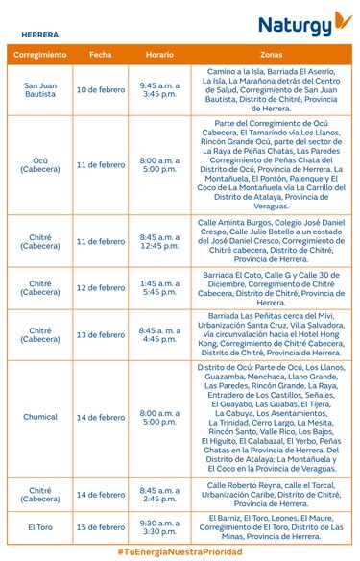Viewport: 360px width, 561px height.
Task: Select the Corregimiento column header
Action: click(x=39, y=55)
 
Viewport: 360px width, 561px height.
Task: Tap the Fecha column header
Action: click(x=100, y=55)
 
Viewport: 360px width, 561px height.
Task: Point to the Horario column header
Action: click(x=159, y=55)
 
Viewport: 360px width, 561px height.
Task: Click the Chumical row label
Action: click(x=39, y=418)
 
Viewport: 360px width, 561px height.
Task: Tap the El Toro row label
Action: click(x=39, y=527)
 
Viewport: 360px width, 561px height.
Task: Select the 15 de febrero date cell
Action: click(x=100, y=527)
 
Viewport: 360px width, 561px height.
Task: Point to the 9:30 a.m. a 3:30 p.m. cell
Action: click(x=159, y=527)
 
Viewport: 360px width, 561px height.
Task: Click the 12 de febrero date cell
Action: click(x=100, y=288)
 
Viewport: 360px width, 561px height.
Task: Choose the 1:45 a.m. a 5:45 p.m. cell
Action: click(x=159, y=288)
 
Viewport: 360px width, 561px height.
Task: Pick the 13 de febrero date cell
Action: click(x=100, y=334)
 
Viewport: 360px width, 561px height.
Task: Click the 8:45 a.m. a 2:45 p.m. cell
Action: click(x=159, y=495)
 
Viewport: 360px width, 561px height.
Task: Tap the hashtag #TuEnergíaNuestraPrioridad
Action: click(x=180, y=552)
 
